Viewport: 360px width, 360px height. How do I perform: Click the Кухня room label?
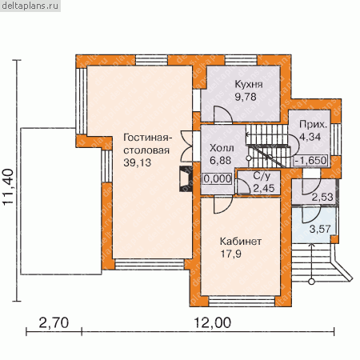coord(249,85)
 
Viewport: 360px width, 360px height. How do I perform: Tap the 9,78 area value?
coord(246,97)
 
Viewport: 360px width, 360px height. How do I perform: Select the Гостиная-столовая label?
coord(146,144)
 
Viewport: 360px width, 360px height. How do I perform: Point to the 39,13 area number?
coord(138,162)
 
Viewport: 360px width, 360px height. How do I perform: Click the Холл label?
coord(222,148)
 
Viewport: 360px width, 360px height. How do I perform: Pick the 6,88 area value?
coord(221,161)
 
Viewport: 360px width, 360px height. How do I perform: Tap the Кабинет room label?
coord(241,242)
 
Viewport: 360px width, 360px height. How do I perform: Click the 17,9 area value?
coord(230,254)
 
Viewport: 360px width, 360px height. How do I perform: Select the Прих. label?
coord(313,125)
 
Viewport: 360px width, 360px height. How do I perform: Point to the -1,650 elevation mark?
coord(310,160)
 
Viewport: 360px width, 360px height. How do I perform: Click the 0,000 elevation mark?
coord(218,178)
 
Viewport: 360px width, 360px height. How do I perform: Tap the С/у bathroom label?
coord(262,176)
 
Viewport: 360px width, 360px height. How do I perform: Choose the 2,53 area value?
coord(322,197)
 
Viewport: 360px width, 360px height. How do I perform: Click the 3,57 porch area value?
coord(320,229)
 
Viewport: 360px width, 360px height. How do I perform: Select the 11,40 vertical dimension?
coord(9,186)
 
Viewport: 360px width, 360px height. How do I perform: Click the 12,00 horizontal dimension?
coord(212,323)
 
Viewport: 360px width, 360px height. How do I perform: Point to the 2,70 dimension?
coord(54,323)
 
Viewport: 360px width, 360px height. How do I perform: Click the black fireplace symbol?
coord(186,178)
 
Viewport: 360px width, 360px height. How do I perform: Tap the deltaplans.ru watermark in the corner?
coord(30,6)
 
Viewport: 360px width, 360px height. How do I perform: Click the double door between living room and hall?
coord(186,146)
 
